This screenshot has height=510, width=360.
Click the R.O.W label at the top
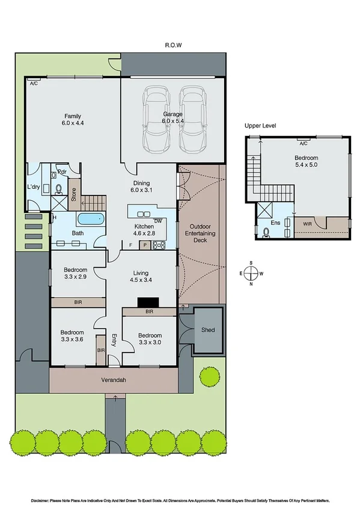[x=174, y=45]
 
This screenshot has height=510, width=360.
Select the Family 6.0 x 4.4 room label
[x=73, y=120]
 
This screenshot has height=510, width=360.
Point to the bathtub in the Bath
[x=92, y=219]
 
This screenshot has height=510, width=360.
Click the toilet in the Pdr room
[x=59, y=189]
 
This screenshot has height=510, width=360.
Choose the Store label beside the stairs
[x=74, y=194]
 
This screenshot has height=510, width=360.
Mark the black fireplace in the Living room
[x=147, y=303]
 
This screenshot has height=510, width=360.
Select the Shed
[x=208, y=330]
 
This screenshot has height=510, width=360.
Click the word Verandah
[x=114, y=379]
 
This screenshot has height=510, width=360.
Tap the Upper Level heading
[x=260, y=126]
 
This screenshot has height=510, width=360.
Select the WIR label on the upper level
[x=308, y=223]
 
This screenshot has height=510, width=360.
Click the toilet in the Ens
[x=265, y=230]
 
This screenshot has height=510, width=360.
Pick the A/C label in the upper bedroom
[x=303, y=144]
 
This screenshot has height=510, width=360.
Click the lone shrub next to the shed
[x=209, y=377]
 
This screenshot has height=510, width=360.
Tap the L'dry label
[x=34, y=188]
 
